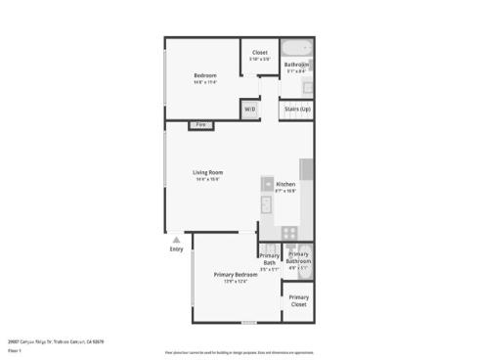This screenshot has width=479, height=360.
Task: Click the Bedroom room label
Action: pos(204,75)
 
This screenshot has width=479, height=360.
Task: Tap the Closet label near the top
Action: pos(259,53)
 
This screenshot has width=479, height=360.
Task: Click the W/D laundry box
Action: pos(250,109)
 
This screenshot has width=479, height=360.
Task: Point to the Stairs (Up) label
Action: pos(297,109)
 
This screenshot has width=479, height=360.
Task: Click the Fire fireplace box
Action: pos(200,125)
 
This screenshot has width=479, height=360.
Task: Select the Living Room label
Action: pos(207,173)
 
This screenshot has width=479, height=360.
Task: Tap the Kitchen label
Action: pos(285,184)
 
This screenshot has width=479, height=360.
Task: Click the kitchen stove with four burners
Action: pos(289,232)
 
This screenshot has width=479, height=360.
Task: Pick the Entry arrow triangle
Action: pos(176,239)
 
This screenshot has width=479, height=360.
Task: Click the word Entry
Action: pos(176,248)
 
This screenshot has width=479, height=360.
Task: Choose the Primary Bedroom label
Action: pos(235,275)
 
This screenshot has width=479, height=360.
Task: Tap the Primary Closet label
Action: pos(298,300)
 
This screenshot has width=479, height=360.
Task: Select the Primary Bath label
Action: pos(269,258)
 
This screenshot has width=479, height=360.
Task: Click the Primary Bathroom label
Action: pos(298,257)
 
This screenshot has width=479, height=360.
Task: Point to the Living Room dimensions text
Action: pos(207,180)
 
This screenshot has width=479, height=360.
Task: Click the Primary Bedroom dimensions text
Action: pos(235,282)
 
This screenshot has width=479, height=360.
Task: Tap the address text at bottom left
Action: pos(55,341)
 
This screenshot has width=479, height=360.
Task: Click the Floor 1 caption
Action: pos(15,349)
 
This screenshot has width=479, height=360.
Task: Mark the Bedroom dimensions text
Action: pos(204,82)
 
